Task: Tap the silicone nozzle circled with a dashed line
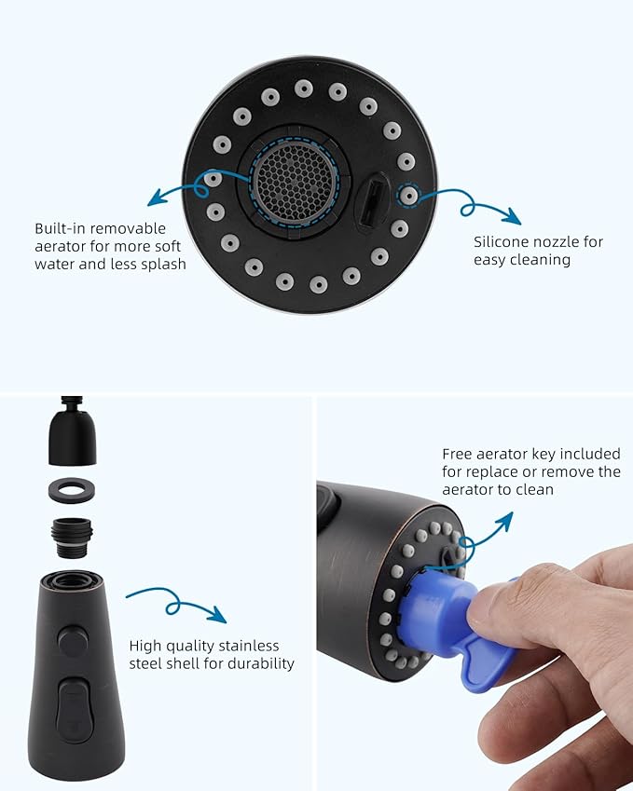pos(407,196)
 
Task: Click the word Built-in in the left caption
pos(60,228)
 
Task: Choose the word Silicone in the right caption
pos(504,242)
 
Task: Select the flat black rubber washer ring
pos(73,490)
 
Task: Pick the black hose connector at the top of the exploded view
pos(73,433)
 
